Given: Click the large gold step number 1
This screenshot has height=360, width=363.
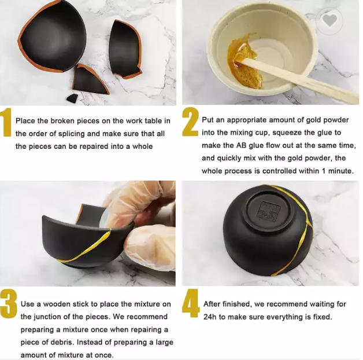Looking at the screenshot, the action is coord(6,122).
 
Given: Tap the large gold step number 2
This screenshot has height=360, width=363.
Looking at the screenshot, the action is coord(190,122).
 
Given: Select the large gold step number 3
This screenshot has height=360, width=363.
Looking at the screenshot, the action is coord(8,304).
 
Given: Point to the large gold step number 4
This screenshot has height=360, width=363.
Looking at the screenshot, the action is coord(191,303).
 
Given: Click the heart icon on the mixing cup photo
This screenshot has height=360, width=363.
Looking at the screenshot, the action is coord(329,20).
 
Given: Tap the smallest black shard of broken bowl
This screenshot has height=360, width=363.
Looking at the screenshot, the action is coord(72,98).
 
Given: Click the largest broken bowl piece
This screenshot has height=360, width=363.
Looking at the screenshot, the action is coord(52,36).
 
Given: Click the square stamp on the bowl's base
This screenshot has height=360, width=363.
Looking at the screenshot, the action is coord(268,211).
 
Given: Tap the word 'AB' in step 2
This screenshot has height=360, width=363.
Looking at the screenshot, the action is coord(242,145).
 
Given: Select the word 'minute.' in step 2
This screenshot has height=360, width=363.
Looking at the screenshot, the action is coord(341,171).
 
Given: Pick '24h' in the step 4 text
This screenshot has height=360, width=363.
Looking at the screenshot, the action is coord(210,317).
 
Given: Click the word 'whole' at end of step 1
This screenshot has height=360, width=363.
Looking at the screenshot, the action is coord(143,146).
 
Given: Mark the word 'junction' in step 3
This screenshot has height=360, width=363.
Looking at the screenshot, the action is coord(49,317).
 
